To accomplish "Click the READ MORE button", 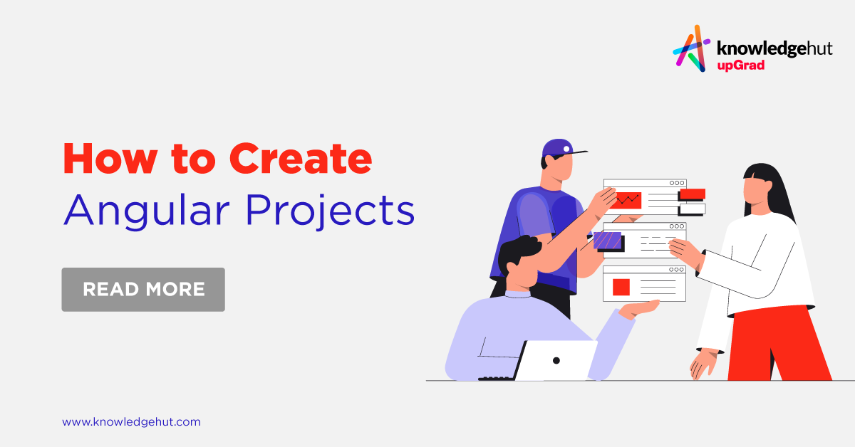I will (x=143, y=290).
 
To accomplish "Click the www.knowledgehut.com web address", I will (x=131, y=421).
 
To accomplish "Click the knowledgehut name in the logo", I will (x=773, y=49).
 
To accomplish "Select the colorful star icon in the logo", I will (x=690, y=48).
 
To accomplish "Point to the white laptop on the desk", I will (x=556, y=360).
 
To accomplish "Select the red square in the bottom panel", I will (x=621, y=287).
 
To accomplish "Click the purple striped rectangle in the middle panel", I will (x=608, y=240).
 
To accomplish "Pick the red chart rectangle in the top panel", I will (x=626, y=200).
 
